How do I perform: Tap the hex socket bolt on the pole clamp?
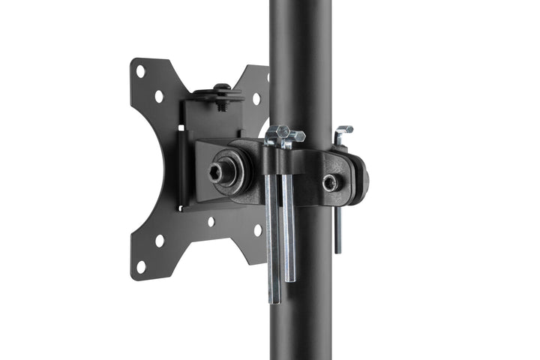(329, 182)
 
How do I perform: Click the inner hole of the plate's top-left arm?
(159, 97)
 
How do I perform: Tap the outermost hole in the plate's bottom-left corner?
(140, 265)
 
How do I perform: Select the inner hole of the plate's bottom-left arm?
(159, 241)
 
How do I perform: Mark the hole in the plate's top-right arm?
(256, 98)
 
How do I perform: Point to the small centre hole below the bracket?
(211, 222)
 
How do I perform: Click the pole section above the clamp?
(300, 60)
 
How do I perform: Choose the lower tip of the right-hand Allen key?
(337, 249)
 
